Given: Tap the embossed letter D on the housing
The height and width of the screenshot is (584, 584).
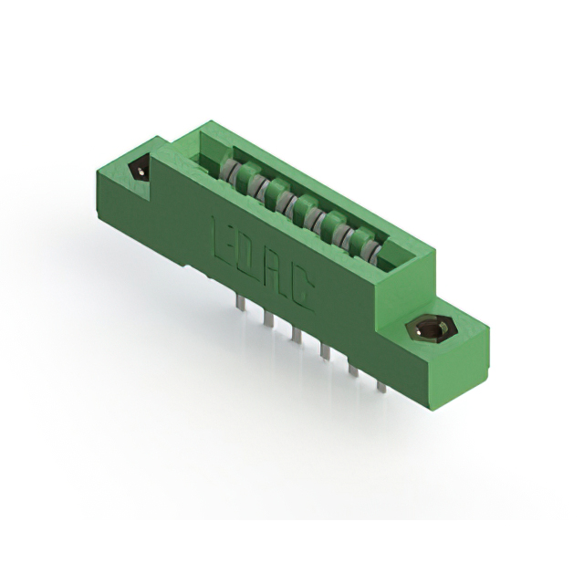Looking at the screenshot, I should [x=247, y=256].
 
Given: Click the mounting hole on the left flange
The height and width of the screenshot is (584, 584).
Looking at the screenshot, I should [x=141, y=170].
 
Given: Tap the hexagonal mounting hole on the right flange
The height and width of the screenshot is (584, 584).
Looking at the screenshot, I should [x=424, y=329].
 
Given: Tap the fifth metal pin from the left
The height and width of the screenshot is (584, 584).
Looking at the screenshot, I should [x=352, y=367].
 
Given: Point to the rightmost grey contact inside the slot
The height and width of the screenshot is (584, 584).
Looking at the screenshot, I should [x=363, y=244].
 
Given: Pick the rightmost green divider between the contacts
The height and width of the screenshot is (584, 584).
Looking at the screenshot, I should [x=350, y=235].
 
